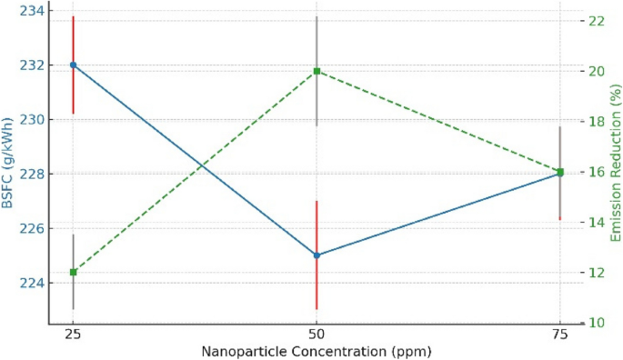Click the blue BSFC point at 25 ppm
tap(73, 65)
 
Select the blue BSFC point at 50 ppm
tap(317, 255)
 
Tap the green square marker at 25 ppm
tap(73, 272)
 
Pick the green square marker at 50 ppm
tap(317, 71)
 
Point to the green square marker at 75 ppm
tap(560, 172)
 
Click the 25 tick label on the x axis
tap(73, 335)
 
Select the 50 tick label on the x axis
tap(317, 335)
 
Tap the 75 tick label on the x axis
tap(560, 335)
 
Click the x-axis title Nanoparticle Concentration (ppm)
tap(317, 351)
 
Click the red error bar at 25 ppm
tap(73, 36)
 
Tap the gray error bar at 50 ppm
tap(317, 36)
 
